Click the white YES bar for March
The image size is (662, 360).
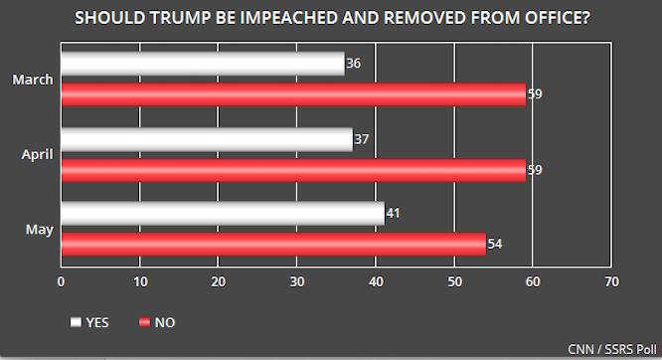click(202, 64)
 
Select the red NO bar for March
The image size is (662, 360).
click(293, 94)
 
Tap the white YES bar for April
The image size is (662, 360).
click(207, 140)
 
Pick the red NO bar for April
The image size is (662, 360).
click(293, 171)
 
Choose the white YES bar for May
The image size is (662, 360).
click(223, 213)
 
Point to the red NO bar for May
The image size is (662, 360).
click(273, 244)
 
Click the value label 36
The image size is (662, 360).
click(353, 64)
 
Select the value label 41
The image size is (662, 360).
click(393, 213)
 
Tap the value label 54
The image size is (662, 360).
click(494, 244)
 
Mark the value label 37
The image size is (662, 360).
click(361, 140)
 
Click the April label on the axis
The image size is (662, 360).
click(37, 155)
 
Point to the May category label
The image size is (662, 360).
click(40, 230)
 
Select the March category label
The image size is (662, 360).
click(34, 80)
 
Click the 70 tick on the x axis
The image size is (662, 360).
click(610, 281)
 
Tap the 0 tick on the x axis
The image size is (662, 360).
click(62, 281)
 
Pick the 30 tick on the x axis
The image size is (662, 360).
click(296, 281)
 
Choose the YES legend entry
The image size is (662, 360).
click(90, 322)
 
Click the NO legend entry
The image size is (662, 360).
click(158, 322)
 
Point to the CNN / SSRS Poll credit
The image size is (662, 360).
click(609, 349)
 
